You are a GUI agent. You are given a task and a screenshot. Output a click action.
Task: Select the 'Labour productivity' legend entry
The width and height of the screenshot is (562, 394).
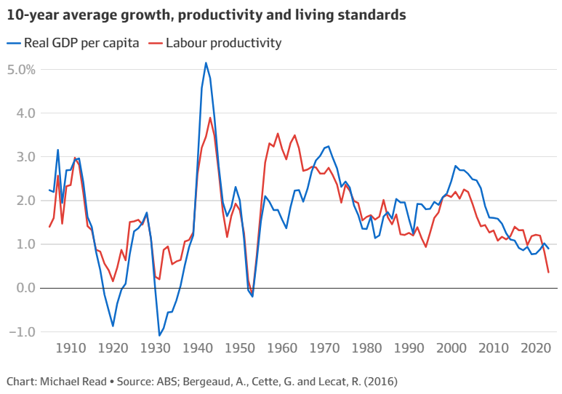point(223,42)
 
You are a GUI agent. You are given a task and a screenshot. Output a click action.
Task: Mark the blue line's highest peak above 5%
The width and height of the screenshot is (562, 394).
point(206,63)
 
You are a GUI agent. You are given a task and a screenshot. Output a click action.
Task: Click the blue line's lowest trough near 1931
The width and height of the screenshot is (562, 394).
point(159,335)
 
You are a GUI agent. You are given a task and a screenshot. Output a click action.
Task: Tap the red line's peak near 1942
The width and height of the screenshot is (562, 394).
point(210,118)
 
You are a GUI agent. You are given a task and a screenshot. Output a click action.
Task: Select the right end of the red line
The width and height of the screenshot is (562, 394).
point(548,272)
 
